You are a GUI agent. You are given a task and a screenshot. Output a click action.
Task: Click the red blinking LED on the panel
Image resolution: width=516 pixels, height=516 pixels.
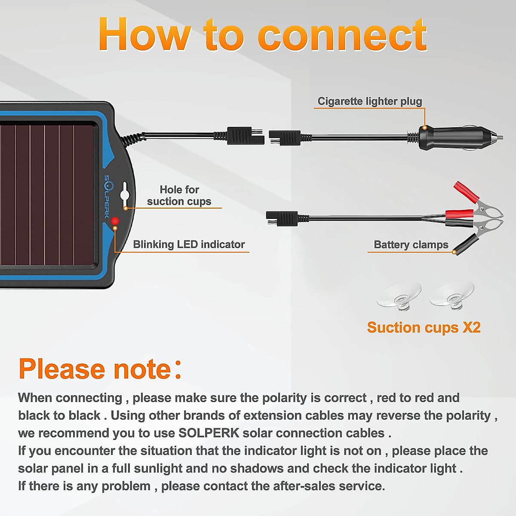[115, 221]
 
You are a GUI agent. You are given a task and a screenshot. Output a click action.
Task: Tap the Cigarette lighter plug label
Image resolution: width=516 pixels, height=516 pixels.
[369, 101]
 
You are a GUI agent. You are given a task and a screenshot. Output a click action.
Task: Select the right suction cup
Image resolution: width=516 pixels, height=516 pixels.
[452, 295]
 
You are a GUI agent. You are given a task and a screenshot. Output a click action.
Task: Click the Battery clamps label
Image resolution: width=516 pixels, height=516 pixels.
[411, 245]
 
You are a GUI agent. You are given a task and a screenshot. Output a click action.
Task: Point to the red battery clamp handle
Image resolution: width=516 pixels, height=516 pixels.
[466, 192]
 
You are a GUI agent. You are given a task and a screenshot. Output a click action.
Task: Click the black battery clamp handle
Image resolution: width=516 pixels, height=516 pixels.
[467, 244]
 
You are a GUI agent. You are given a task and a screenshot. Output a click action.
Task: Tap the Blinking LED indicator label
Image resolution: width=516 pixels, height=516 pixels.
[189, 244]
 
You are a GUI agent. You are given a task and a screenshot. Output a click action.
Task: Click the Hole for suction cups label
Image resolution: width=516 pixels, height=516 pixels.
[179, 196]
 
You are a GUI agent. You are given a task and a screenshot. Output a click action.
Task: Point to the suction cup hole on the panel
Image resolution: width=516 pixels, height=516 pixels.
[125, 193]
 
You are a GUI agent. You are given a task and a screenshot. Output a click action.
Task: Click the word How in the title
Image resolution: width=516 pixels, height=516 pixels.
[144, 35]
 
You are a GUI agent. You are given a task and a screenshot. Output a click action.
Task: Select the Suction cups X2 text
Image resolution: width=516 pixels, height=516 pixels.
[424, 328]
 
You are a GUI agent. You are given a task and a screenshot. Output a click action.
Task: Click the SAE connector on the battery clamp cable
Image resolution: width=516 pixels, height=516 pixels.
[282, 218]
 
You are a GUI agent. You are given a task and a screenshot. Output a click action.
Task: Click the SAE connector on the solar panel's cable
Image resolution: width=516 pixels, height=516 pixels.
[245, 135]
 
